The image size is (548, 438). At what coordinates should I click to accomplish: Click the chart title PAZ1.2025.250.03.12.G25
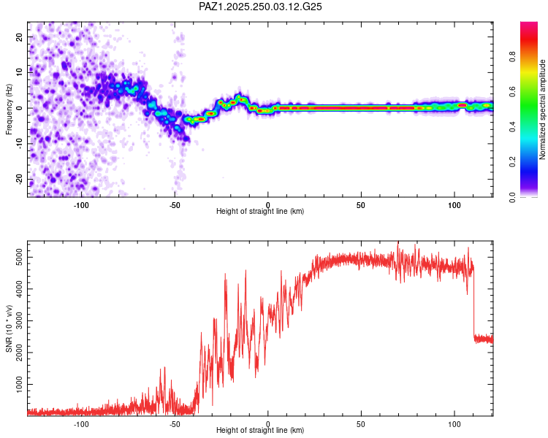(x=261, y=7)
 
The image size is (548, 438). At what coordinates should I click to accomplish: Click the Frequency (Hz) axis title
(x=9, y=108)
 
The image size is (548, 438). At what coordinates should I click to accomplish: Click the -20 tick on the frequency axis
(x=18, y=179)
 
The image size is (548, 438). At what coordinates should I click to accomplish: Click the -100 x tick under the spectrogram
(x=81, y=205)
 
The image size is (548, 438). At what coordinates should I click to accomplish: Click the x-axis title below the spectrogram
(x=260, y=212)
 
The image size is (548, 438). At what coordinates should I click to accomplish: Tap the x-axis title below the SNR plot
(x=260, y=431)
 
